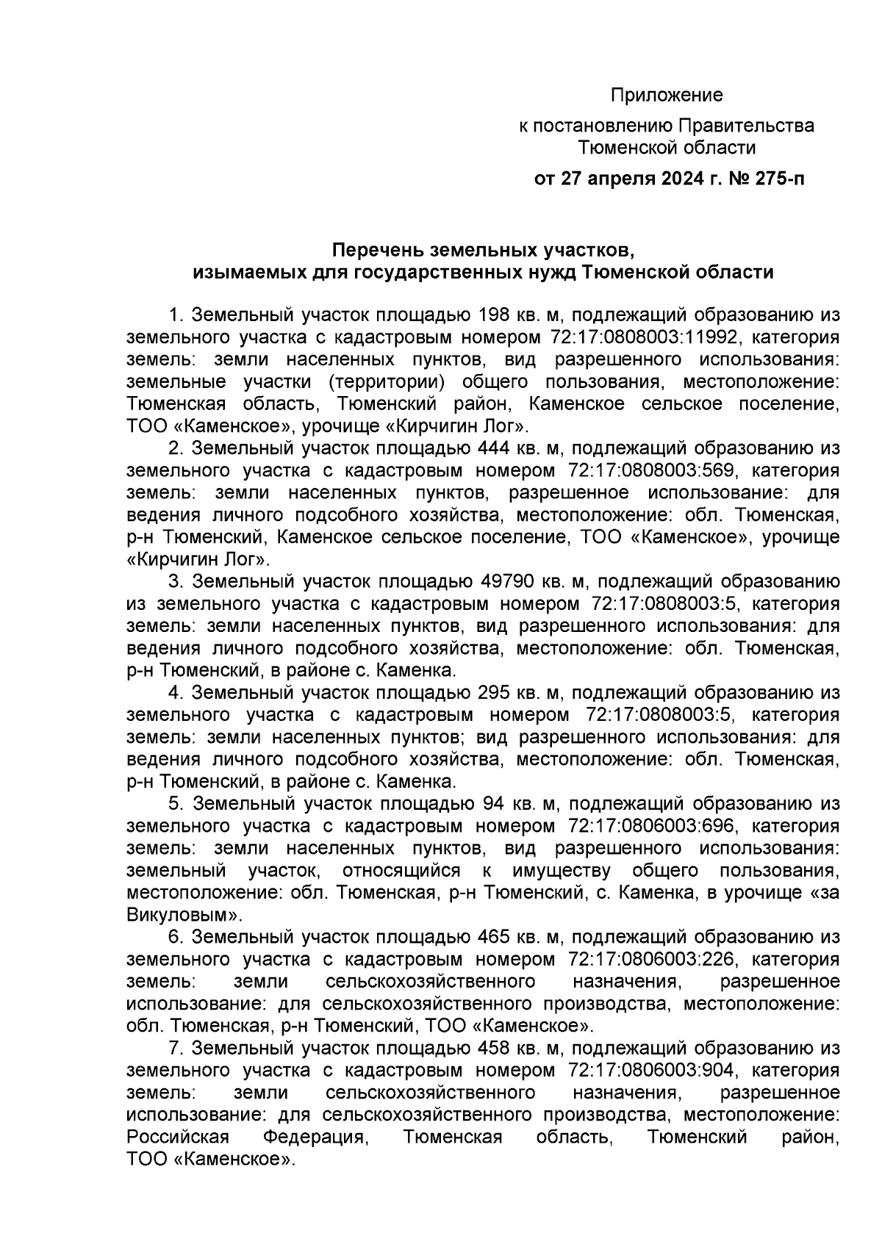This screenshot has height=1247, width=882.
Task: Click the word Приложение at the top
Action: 667,96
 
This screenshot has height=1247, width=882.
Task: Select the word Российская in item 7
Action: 179,1137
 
